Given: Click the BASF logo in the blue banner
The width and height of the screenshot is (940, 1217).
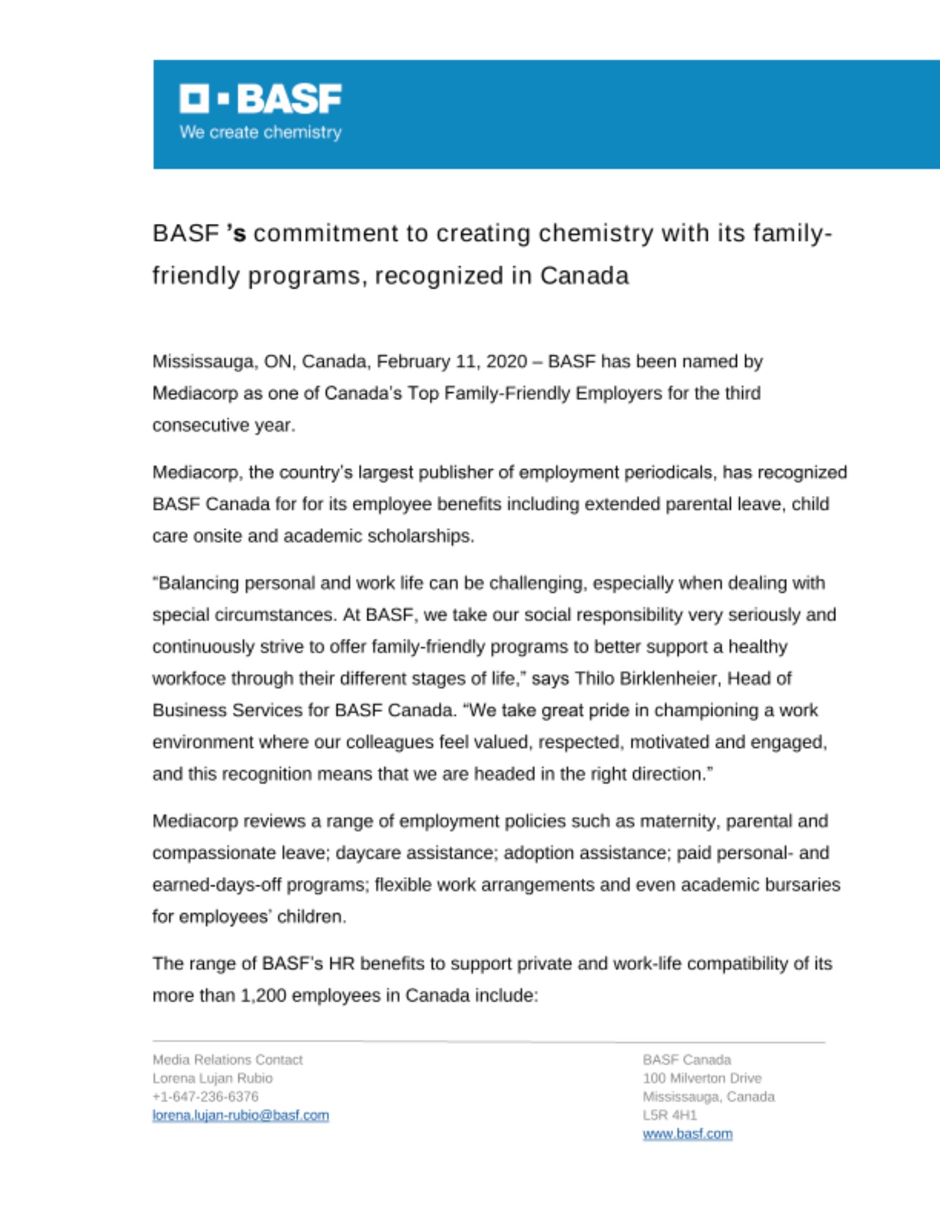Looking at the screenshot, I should point(260,99).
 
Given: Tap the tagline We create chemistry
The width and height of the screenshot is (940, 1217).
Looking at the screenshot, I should point(260,132).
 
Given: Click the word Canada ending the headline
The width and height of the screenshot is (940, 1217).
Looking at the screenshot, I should point(584,276).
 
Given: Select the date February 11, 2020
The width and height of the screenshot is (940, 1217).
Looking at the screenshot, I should point(451,361).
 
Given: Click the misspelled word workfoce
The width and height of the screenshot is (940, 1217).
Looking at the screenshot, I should point(189,678).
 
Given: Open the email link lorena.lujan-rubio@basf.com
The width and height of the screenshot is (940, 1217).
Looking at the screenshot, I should point(240,1115).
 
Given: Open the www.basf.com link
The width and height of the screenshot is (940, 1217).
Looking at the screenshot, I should point(688,1134).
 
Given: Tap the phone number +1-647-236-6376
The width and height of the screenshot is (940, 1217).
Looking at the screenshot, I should point(205,1097).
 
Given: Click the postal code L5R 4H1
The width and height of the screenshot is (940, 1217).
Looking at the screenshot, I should point(669,1115).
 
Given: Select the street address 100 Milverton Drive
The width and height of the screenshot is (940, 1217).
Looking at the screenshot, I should point(702,1078).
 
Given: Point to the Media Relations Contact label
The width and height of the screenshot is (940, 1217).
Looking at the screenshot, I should point(227,1060).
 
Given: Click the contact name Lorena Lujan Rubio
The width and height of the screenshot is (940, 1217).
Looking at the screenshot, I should point(212,1078).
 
